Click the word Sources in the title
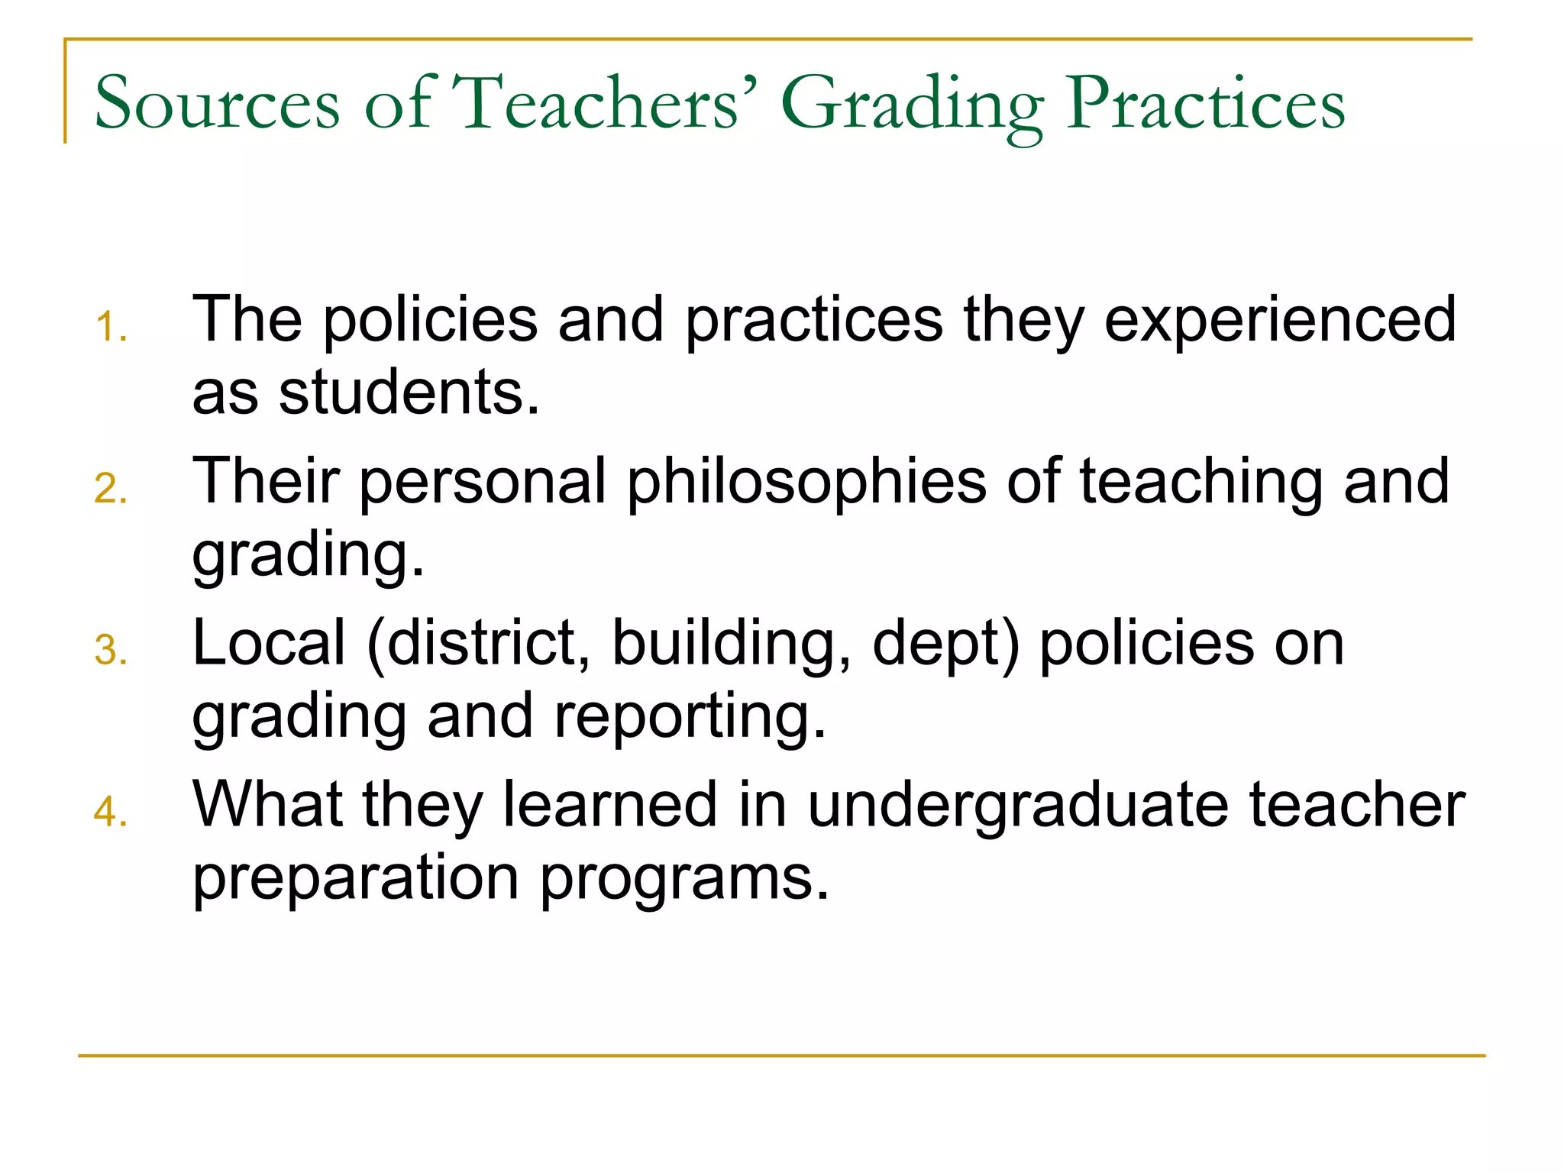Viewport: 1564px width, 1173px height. (x=217, y=103)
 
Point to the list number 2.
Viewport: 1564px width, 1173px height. (x=110, y=489)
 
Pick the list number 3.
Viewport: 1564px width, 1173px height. (x=110, y=651)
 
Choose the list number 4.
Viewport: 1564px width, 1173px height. (x=110, y=811)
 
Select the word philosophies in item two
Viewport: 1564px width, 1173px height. (x=806, y=483)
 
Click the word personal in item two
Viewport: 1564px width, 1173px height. (x=482, y=483)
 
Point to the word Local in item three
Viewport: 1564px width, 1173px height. (x=269, y=643)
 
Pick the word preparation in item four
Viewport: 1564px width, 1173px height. (x=355, y=878)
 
